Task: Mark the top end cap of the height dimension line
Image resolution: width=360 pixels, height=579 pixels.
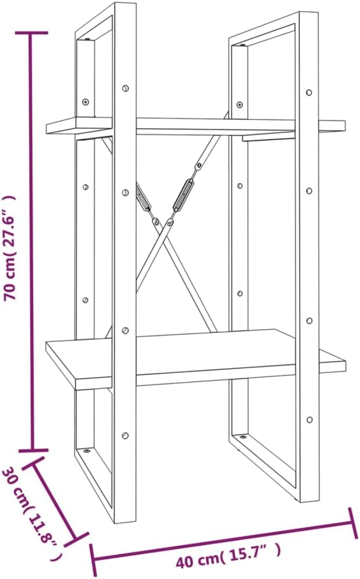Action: click(x=31, y=33)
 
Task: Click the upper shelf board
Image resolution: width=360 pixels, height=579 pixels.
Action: click(x=196, y=126)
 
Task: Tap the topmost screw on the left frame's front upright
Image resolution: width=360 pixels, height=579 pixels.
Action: click(x=126, y=89)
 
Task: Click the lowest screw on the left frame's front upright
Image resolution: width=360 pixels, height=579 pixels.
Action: click(x=126, y=435)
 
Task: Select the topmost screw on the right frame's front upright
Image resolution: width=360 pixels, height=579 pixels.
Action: click(x=309, y=92)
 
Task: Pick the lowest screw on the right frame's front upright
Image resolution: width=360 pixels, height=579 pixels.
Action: click(x=309, y=419)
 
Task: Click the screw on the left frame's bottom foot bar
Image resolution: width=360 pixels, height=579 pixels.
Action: click(x=87, y=451)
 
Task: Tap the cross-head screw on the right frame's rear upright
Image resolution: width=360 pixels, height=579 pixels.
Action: click(x=239, y=105)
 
